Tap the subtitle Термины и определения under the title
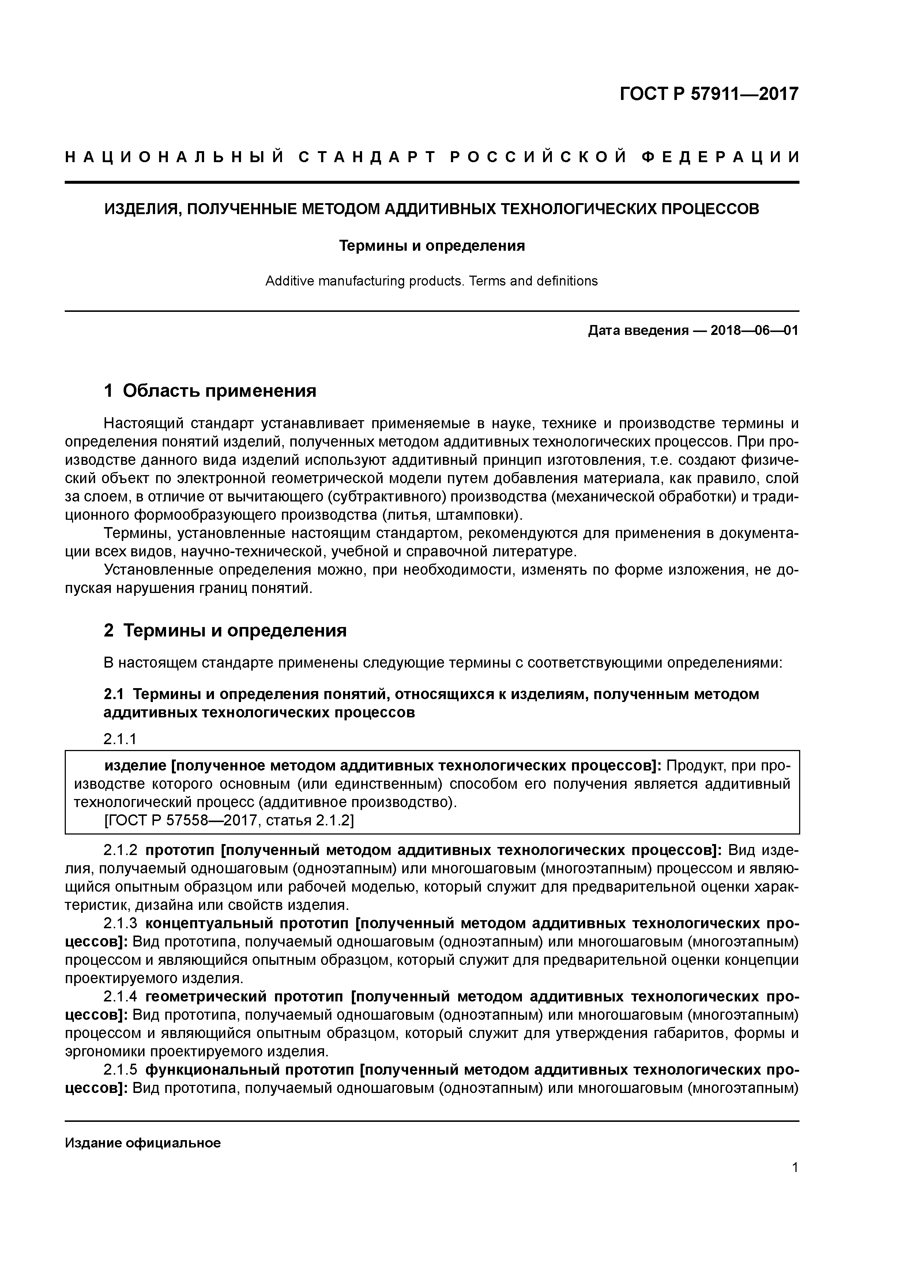click(432, 246)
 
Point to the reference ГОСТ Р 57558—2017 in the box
click(182, 820)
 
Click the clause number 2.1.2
click(120, 851)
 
